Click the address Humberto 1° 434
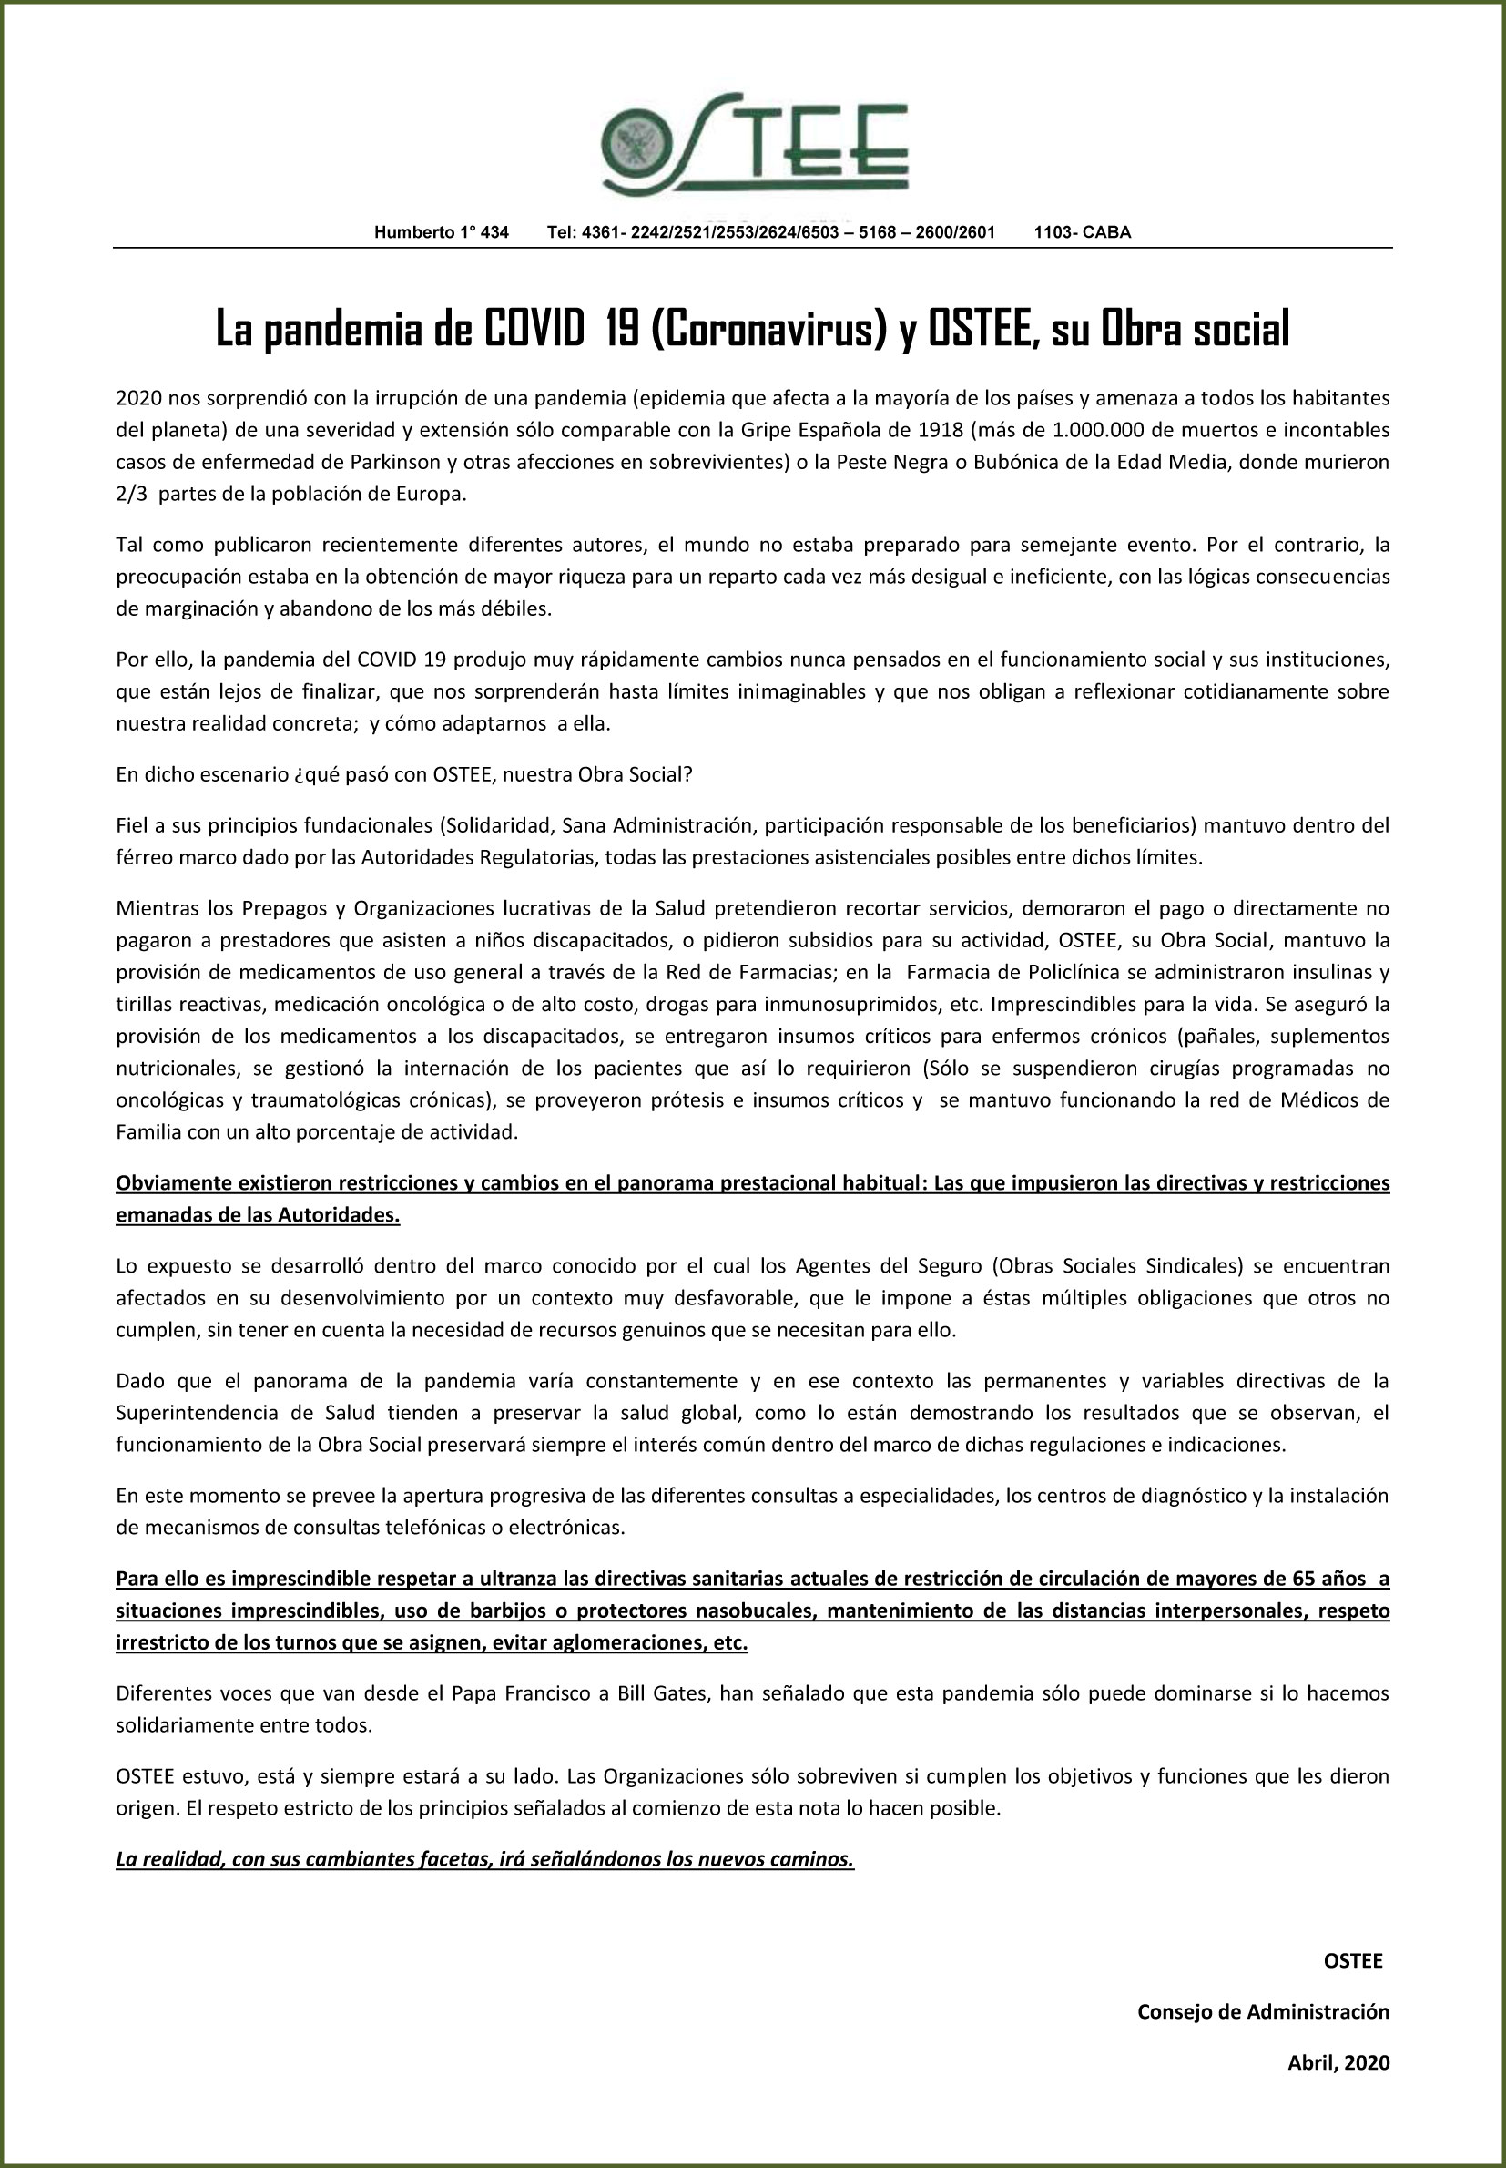point(441,232)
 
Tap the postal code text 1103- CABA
point(1082,232)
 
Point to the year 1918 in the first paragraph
point(940,430)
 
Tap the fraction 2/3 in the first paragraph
point(133,495)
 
